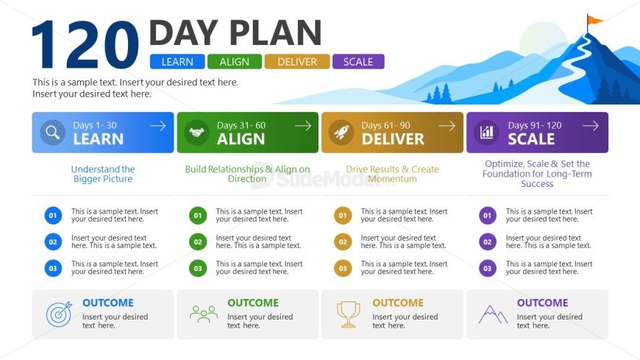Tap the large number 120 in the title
(85, 45)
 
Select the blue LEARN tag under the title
(177, 62)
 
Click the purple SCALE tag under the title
(358, 62)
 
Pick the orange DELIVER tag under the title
(296, 62)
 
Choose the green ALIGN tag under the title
(234, 62)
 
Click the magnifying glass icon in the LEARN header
(53, 133)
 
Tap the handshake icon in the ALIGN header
(196, 133)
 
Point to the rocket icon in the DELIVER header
(341, 133)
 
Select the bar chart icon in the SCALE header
(486, 133)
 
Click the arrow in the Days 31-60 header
(303, 126)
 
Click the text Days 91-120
(535, 125)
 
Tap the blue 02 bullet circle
(53, 242)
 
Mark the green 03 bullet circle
(198, 269)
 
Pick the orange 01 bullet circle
(343, 216)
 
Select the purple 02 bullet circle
(488, 242)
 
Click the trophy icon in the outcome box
(348, 314)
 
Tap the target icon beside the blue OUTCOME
(59, 314)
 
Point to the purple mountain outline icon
(493, 314)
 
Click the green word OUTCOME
(253, 303)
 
